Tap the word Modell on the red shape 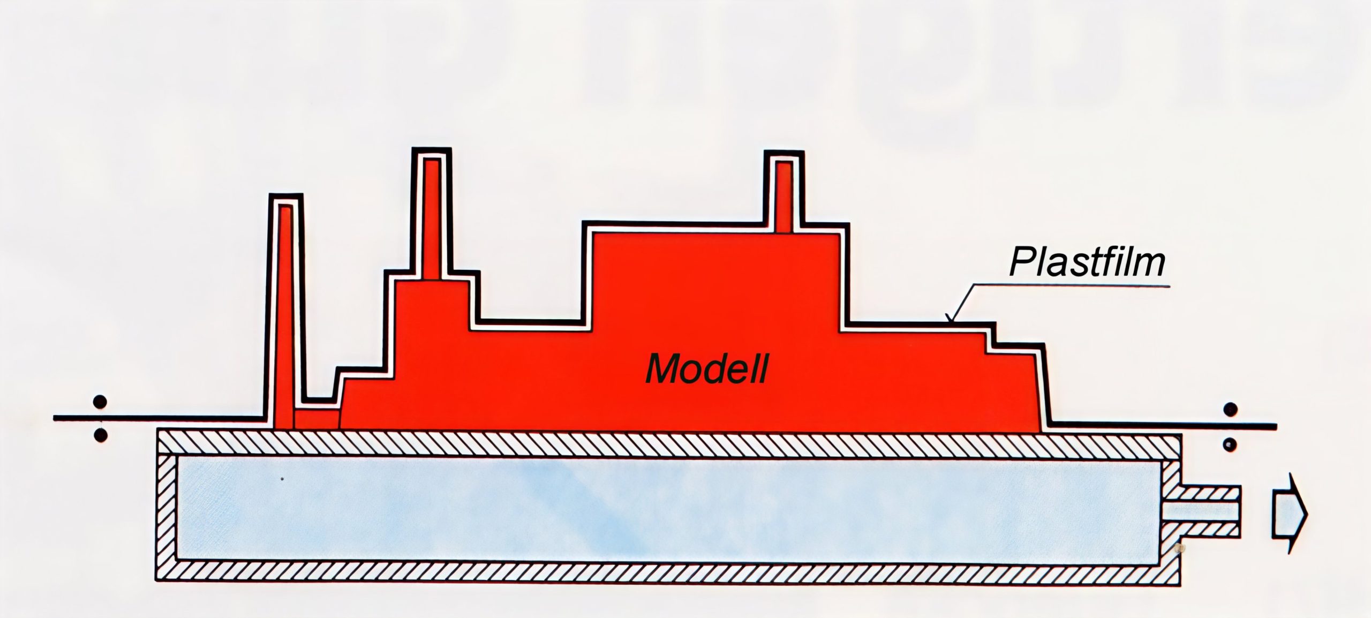[707, 369]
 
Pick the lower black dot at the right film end [1231, 444]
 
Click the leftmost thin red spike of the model [285, 321]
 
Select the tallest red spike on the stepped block [432, 220]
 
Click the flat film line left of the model [161, 418]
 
